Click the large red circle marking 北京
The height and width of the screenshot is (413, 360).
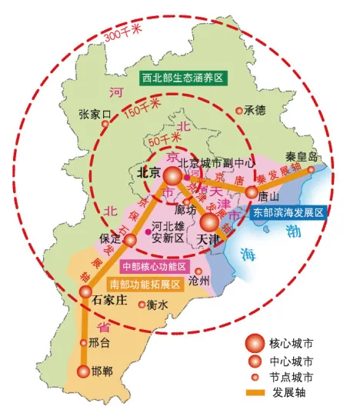tap(173, 176)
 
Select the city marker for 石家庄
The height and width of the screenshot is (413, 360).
tap(85, 291)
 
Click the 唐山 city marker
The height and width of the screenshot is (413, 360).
tap(252, 192)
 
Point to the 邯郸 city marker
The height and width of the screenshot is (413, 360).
tap(83, 371)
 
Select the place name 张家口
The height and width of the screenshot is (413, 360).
tap(95, 115)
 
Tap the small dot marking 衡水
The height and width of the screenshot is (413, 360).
tap(142, 305)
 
